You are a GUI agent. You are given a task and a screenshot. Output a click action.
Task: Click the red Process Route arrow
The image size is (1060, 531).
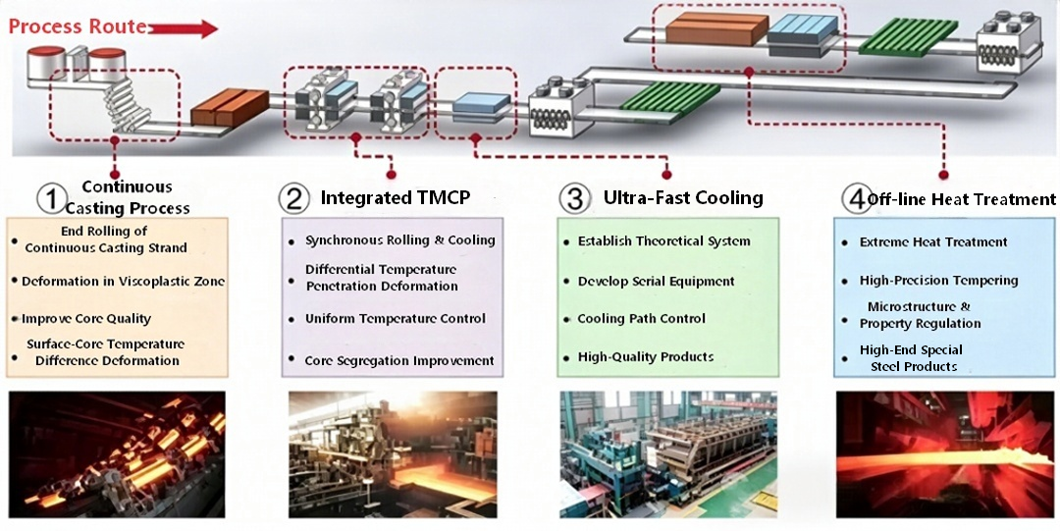(x=184, y=29)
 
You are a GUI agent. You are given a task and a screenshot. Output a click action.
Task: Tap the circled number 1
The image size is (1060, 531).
(x=51, y=199)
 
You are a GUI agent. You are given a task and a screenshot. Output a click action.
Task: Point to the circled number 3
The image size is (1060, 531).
(x=574, y=199)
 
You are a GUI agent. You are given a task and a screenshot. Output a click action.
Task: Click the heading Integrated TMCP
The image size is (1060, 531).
(x=396, y=197)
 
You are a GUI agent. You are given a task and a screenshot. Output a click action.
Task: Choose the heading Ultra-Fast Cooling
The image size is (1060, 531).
(x=683, y=197)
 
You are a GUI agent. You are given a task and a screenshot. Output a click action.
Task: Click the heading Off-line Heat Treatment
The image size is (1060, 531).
(x=961, y=199)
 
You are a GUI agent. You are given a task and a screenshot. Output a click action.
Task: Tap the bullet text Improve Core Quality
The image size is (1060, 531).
(x=86, y=319)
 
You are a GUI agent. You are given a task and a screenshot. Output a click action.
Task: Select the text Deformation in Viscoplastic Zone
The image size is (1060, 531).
(x=123, y=281)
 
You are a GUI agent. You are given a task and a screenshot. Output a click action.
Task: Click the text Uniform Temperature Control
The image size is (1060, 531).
(x=395, y=319)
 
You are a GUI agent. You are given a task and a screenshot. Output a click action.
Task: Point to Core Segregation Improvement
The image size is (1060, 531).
(x=399, y=360)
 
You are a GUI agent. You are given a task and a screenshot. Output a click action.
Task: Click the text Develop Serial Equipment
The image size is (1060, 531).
(x=656, y=281)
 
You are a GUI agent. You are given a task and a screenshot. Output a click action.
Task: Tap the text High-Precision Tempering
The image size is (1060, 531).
(x=939, y=280)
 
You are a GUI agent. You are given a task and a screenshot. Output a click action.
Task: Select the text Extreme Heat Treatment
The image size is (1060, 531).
(x=933, y=241)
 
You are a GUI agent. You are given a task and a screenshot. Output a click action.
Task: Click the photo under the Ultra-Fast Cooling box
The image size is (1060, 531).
(x=669, y=454)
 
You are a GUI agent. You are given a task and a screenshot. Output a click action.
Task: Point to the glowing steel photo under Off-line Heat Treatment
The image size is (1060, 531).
(x=945, y=454)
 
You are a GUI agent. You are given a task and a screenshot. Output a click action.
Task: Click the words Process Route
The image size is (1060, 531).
(x=78, y=27)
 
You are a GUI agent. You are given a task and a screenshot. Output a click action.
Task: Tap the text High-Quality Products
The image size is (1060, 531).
(x=646, y=356)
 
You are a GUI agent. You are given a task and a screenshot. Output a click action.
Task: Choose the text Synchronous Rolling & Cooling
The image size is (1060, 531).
(x=400, y=240)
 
